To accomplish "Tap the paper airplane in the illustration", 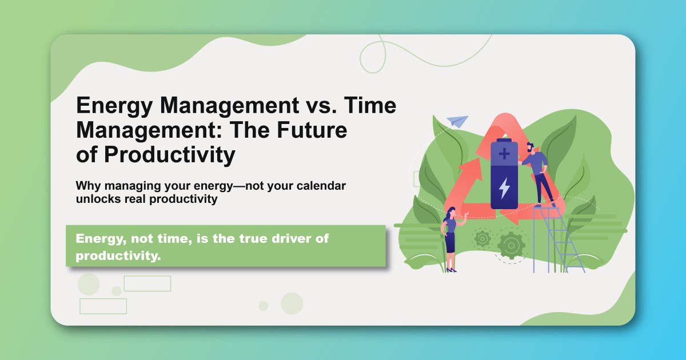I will pyautogui.click(x=457, y=121).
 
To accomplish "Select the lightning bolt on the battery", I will pyautogui.click(x=504, y=188).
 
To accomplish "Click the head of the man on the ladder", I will pyautogui.click(x=531, y=147).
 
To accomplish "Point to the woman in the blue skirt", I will pyautogui.click(x=450, y=237).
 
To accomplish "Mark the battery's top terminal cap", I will pyautogui.click(x=504, y=139).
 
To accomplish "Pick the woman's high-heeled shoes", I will pyautogui.click(x=451, y=270).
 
